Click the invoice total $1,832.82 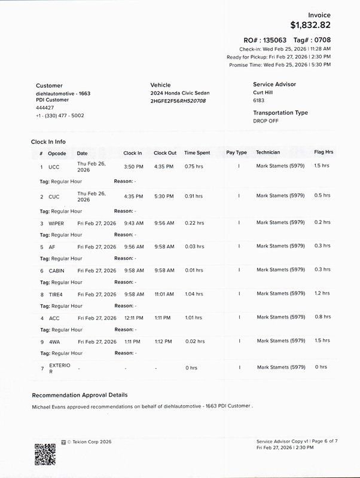point(310,25)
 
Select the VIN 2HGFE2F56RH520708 point(178,101)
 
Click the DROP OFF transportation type point(266,120)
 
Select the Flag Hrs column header point(324,152)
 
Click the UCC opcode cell point(54,167)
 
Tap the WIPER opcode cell point(56,223)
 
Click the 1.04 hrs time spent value point(193,294)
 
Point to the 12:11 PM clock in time point(133,318)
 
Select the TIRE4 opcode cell point(56,294)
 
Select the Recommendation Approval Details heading point(79,395)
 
